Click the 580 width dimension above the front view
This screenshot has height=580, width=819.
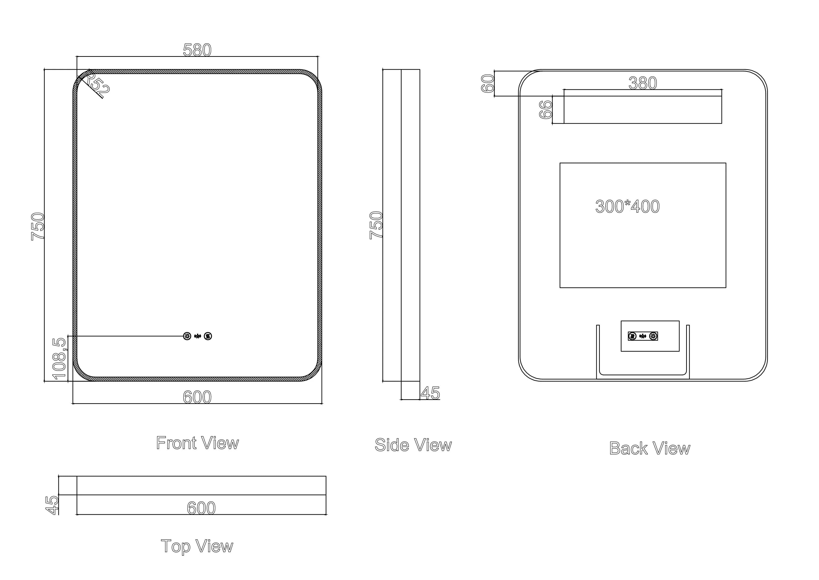197,50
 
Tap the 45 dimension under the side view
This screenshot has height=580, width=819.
430,393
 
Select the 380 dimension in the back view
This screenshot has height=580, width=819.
642,83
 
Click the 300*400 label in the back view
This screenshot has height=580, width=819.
628,206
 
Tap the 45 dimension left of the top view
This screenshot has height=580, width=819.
53,505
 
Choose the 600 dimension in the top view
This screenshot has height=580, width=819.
201,508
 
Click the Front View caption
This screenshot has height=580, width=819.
197,443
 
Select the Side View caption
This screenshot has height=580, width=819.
413,445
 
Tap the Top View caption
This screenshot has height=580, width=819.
197,546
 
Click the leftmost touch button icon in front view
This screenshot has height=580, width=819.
187,336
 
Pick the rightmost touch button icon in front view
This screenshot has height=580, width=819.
208,336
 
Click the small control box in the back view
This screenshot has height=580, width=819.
650,336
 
